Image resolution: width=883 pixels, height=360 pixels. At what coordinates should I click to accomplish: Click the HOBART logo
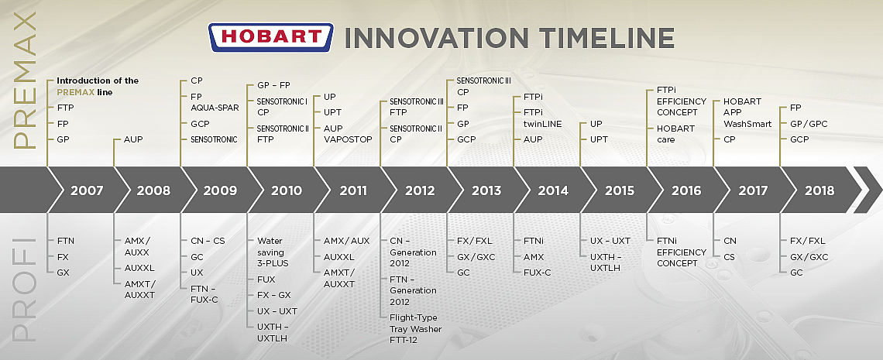click(271, 38)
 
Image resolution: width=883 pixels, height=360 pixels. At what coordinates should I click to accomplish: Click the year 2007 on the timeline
click(87, 190)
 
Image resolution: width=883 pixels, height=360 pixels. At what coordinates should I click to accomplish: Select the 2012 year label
click(420, 190)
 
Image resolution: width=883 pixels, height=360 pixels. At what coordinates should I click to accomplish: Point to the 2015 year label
click(620, 190)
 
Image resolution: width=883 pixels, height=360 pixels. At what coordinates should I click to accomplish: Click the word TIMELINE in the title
click(606, 38)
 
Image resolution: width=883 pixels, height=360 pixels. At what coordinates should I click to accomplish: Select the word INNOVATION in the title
click(436, 38)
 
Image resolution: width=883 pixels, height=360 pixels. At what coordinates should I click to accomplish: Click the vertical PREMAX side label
click(24, 80)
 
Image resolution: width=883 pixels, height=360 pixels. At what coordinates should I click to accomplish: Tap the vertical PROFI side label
click(24, 289)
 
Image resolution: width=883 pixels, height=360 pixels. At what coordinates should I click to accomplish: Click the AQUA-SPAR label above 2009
click(215, 108)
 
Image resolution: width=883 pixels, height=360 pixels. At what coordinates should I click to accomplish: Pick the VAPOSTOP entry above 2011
click(348, 139)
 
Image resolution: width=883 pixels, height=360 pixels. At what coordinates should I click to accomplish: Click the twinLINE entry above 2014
click(542, 124)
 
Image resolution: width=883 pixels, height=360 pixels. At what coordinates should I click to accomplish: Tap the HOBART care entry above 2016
click(675, 134)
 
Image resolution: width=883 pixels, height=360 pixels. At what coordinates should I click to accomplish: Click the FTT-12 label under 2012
click(404, 340)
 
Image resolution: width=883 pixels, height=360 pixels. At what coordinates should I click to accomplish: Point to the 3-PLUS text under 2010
click(273, 263)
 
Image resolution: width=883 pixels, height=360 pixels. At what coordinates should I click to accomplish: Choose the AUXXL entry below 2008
click(139, 268)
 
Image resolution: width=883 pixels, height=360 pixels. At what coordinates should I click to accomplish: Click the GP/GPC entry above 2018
click(809, 124)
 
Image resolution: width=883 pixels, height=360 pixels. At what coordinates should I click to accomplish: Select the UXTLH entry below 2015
click(605, 268)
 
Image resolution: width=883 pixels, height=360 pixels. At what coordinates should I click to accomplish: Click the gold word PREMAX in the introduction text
click(75, 91)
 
